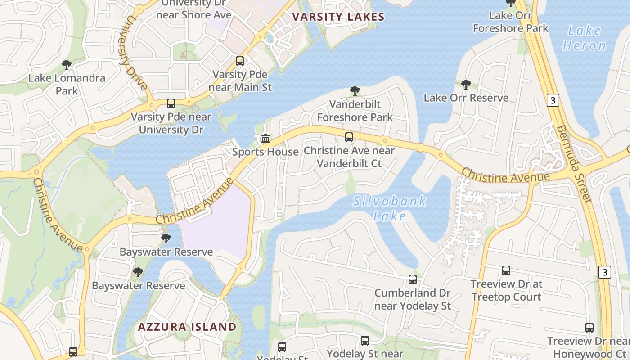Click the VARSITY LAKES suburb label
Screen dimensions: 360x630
pyautogui.click(x=338, y=17)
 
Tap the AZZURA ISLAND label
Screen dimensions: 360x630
pyautogui.click(x=187, y=327)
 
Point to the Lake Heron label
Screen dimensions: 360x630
pyautogui.click(x=585, y=38)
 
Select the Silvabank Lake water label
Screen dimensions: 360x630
pyautogui.click(x=390, y=208)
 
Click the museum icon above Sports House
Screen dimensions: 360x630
pyautogui.click(x=265, y=138)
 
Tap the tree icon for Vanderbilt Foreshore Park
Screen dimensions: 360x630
pyautogui.click(x=355, y=91)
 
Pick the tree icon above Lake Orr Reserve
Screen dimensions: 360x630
pyautogui.click(x=466, y=85)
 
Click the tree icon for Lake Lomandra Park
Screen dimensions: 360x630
pyautogui.click(x=67, y=65)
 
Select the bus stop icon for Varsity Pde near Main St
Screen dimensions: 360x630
pyautogui.click(x=240, y=61)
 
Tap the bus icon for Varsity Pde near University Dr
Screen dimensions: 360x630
pyautogui.click(x=171, y=103)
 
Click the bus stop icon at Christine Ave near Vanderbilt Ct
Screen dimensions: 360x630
pyautogui.click(x=349, y=137)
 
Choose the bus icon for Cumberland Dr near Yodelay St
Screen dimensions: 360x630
pyautogui.click(x=413, y=279)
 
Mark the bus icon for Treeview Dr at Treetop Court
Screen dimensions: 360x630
pyautogui.click(x=506, y=270)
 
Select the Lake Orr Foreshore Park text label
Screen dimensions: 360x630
pyautogui.click(x=511, y=22)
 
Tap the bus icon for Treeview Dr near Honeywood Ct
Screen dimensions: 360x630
pyautogui.click(x=589, y=328)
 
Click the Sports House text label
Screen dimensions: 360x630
pyautogui.click(x=265, y=152)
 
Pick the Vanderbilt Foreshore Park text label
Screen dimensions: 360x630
pyautogui.click(x=355, y=111)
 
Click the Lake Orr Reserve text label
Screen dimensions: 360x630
pyautogui.click(x=466, y=98)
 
